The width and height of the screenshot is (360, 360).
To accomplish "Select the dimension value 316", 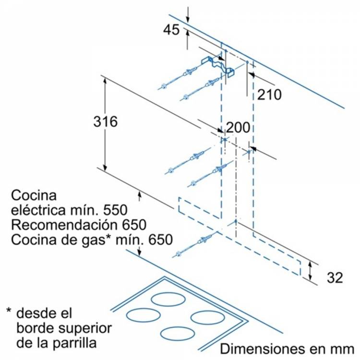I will point(105,122).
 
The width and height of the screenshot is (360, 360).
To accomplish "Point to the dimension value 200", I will point(238,128).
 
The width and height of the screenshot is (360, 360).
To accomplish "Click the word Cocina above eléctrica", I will point(34,196).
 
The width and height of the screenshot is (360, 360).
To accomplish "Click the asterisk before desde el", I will point(9,312).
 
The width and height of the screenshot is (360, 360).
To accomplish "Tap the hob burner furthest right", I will point(205,317).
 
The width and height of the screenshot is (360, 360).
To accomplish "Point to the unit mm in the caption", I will point(344,348).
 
